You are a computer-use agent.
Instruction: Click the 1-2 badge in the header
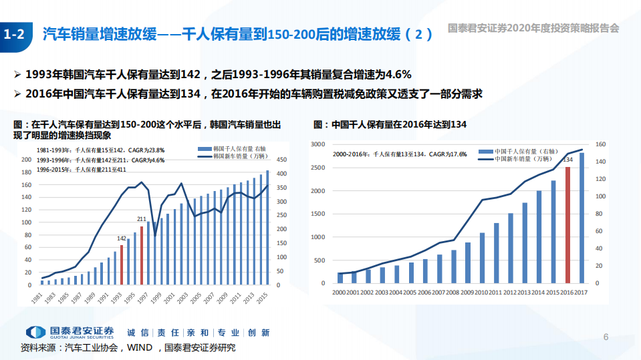tap(14, 35)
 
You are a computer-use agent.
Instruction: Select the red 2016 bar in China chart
tap(567, 225)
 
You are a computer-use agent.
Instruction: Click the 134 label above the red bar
tap(567, 160)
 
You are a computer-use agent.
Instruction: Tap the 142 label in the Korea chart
tap(122, 238)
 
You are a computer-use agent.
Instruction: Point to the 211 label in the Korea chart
tap(142, 219)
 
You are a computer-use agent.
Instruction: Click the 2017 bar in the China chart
tap(582, 218)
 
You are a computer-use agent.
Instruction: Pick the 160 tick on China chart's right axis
tap(600, 144)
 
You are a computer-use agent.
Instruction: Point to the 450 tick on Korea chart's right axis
tap(281, 160)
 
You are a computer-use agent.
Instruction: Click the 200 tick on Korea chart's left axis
tap(27, 160)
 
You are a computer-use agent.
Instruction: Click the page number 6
tap(606, 336)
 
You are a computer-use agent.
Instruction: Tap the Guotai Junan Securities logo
tap(70, 332)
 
